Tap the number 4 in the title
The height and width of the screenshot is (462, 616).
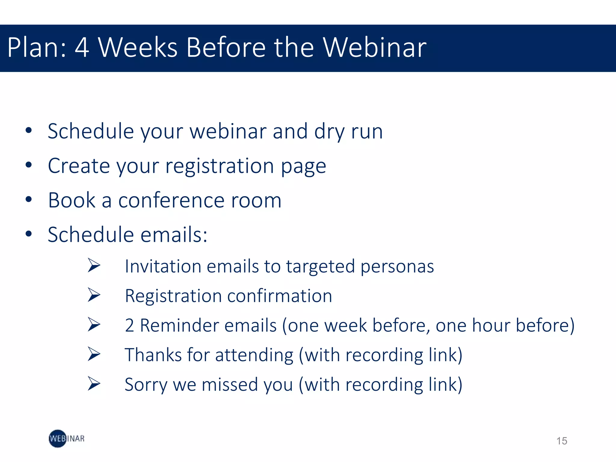(x=82, y=48)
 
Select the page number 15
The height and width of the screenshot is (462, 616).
(x=562, y=441)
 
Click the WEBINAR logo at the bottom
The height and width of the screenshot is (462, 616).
(x=66, y=439)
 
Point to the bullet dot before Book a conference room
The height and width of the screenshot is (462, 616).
(x=29, y=199)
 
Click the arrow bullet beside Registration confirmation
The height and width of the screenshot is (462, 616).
(x=94, y=295)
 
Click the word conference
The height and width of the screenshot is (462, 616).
(x=171, y=200)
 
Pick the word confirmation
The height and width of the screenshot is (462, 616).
(x=279, y=296)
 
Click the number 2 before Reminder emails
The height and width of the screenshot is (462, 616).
(x=129, y=325)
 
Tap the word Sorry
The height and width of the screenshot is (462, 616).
(x=146, y=385)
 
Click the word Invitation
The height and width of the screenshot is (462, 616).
(x=163, y=266)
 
